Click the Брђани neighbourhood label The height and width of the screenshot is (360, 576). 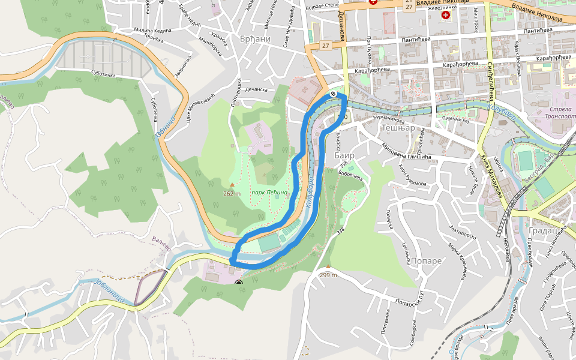254,39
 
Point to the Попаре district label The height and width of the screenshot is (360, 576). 427,261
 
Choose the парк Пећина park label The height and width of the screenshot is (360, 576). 269,192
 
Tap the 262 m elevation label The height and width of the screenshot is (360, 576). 232,193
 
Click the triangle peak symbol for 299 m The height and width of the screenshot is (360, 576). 328,267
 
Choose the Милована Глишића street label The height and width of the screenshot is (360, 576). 406,150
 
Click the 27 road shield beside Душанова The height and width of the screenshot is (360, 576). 325,46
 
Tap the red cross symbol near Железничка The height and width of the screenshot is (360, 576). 445,14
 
